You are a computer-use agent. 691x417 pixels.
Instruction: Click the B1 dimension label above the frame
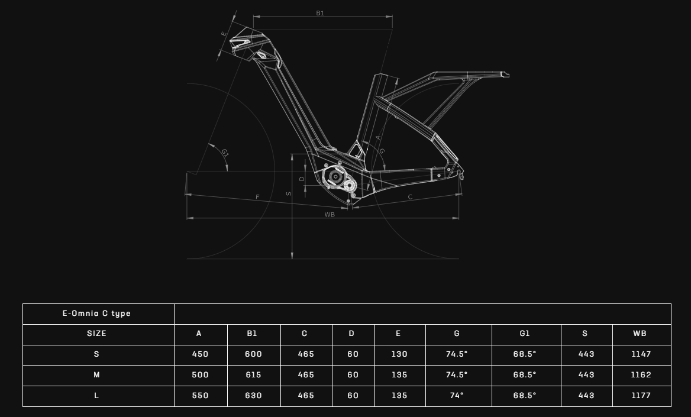[320, 13]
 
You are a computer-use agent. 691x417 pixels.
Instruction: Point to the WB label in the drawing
[330, 215]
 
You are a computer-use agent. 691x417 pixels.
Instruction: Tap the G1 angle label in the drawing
[225, 153]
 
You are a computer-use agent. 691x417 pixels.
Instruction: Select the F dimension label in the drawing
[258, 197]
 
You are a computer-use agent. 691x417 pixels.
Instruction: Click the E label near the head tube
[224, 34]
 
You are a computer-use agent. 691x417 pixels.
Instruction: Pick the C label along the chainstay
[411, 197]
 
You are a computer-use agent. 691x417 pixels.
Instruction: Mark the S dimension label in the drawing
[289, 193]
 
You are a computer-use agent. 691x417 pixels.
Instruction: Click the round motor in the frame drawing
[335, 177]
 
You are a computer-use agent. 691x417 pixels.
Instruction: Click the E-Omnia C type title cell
[96, 313]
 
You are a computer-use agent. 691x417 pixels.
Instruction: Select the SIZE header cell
[96, 334]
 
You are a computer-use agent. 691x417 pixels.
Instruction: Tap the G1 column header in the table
[524, 334]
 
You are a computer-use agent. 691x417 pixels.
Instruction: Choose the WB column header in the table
[640, 334]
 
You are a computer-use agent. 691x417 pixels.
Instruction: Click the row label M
[96, 375]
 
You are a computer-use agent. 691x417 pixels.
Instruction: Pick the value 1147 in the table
[641, 354]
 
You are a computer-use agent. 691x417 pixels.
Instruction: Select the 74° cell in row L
[457, 396]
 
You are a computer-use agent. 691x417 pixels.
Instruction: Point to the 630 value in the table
[253, 396]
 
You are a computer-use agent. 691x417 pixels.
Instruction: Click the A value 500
[200, 375]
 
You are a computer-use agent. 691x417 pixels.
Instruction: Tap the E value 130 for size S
[399, 354]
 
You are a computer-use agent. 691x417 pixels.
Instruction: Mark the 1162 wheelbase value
[641, 375]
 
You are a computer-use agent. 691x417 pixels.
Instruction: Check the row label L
[96, 396]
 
